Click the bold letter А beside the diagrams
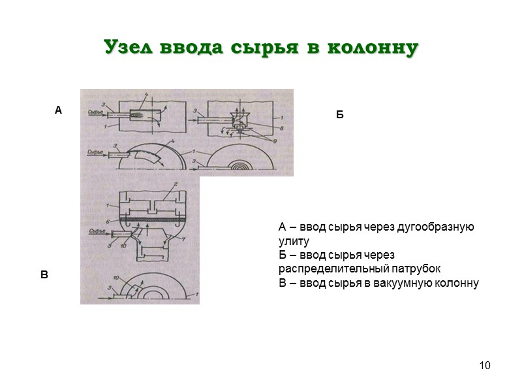point(58,110)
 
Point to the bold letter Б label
point(339,115)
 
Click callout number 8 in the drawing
point(282,127)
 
